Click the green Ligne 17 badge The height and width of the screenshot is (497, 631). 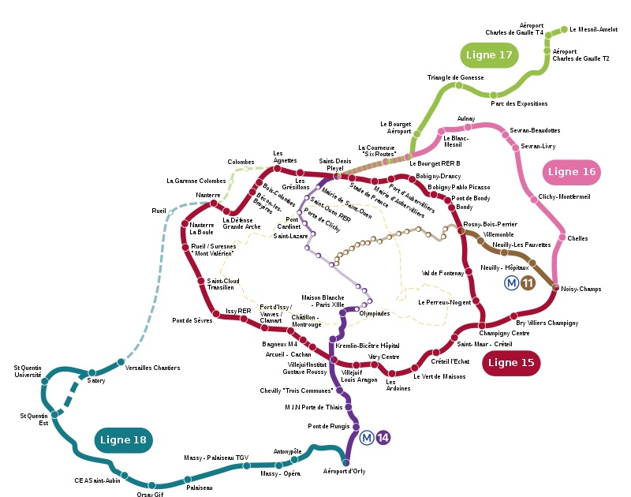coord(489,55)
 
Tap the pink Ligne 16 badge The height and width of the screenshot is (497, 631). coord(572,172)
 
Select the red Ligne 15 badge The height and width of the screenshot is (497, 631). coord(510,363)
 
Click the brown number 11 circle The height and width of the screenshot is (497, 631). coord(528,282)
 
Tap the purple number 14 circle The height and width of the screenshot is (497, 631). coord(383,438)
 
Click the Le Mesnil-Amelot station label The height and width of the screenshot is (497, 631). coord(593,30)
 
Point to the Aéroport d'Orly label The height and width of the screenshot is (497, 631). coord(345,471)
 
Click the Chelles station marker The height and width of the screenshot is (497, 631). coord(561,237)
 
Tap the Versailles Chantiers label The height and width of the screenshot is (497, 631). coord(153,368)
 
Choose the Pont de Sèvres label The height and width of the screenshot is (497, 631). coord(192,320)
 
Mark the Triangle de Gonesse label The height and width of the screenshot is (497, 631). coord(455,77)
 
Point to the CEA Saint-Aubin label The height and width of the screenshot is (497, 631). coord(98,480)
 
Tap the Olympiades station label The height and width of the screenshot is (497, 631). coord(375,313)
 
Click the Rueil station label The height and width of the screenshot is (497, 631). coord(159,211)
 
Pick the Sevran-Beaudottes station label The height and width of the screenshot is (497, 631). coord(535,130)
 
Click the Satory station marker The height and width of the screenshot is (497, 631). coord(91,372)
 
